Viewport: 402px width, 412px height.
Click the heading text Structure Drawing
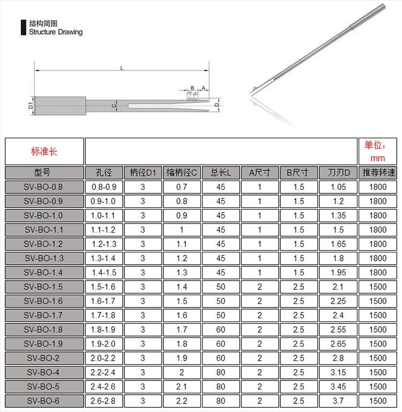click(56, 32)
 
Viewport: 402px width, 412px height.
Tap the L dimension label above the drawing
click(122, 68)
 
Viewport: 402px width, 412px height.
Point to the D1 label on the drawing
click(31, 106)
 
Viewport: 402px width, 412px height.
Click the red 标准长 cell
click(44, 151)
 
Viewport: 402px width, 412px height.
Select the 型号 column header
click(44, 173)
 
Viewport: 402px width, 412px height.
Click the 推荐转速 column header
click(378, 173)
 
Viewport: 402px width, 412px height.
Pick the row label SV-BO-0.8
click(44, 187)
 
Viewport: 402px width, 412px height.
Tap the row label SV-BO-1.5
click(44, 287)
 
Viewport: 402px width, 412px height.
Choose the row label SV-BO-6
click(44, 401)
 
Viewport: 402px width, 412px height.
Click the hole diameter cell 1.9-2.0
click(104, 344)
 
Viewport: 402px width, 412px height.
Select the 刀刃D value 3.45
click(338, 386)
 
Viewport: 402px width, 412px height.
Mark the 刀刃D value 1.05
click(338, 187)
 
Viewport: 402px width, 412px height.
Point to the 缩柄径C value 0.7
click(182, 187)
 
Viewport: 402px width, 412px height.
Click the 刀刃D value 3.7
click(338, 401)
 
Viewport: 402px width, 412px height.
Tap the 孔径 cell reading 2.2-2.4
click(104, 372)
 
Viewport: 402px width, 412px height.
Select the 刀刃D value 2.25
click(338, 301)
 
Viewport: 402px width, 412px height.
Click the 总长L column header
click(221, 173)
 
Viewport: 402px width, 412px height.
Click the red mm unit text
click(378, 159)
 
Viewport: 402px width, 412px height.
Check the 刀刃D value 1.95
click(338, 273)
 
